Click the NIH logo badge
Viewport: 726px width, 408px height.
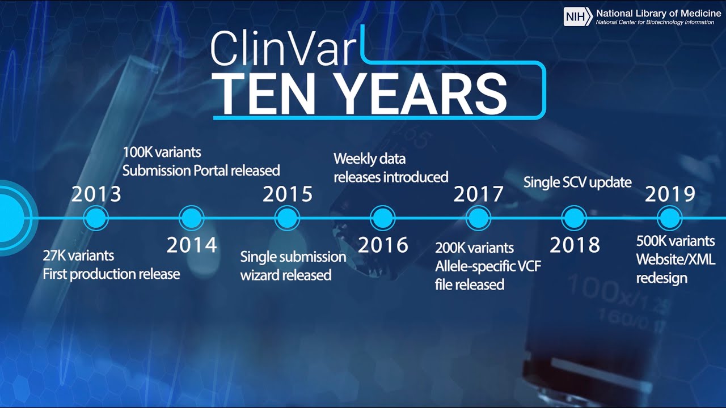578,16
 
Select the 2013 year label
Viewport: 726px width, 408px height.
96,194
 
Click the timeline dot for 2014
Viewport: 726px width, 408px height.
191,218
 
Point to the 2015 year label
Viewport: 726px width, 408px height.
287,194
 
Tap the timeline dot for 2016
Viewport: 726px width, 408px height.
383,218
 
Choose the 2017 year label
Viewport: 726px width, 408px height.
478,194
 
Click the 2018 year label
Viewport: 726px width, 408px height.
575,245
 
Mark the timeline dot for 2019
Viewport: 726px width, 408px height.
670,218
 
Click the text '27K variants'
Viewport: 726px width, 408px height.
78,256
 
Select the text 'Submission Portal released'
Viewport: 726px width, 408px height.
201,170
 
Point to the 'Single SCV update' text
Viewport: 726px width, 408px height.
577,182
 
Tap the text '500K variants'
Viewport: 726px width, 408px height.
675,241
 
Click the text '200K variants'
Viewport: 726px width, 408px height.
474,248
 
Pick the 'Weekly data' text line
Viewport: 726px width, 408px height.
369,159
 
